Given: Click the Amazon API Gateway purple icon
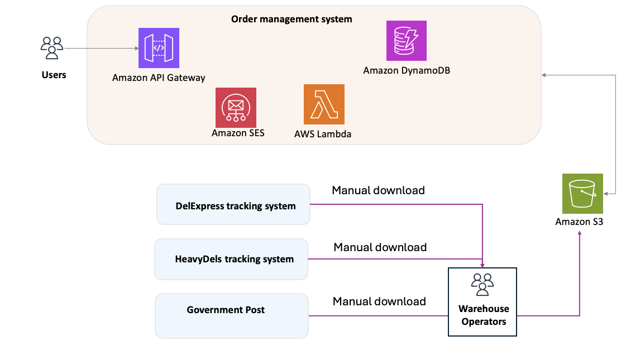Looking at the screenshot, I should point(159,48).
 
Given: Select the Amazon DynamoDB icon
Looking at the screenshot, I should point(406,41).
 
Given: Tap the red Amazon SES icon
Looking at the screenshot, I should point(236,107).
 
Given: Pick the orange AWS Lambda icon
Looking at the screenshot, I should point(324,104).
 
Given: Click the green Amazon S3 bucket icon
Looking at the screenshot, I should point(582,193).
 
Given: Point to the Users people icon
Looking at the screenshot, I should point(52,48).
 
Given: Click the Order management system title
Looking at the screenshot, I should point(292,19).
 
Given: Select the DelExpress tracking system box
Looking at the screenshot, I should point(233,205).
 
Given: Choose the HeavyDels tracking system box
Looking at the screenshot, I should point(231,259).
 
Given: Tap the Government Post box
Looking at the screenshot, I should point(231,315).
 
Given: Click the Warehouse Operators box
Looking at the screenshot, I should point(482,302).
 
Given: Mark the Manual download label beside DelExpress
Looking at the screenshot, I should point(378,190).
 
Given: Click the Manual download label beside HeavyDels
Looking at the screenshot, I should point(380,247).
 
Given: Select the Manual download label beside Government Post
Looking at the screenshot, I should point(379,301).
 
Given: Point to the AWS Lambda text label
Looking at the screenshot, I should point(323,134).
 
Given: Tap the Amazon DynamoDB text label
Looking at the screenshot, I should point(407,70).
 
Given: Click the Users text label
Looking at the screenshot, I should point(54,75).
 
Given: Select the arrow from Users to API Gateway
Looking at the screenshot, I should point(101,49).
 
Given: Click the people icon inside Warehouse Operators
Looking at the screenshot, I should point(482,284).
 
